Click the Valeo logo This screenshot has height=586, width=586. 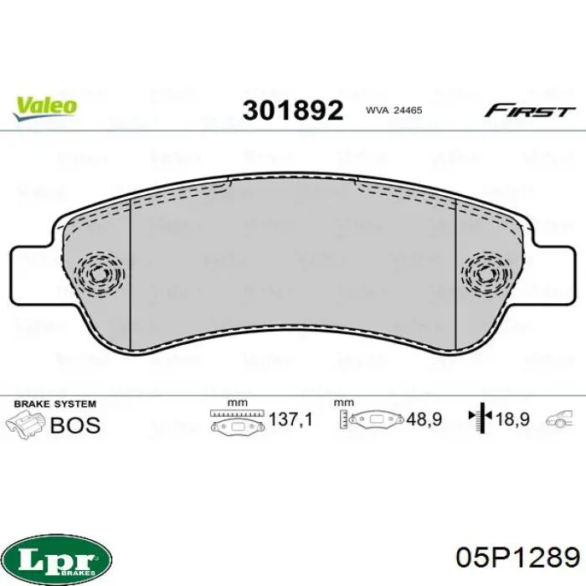click(45, 108)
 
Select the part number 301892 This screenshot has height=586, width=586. click(293, 111)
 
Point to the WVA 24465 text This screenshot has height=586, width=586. click(393, 111)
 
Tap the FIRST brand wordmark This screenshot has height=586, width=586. click(530, 111)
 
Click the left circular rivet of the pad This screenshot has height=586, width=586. click(99, 274)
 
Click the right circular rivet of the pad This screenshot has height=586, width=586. click(486, 275)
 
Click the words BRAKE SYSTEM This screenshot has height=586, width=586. click(55, 404)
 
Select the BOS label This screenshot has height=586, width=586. click(75, 425)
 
